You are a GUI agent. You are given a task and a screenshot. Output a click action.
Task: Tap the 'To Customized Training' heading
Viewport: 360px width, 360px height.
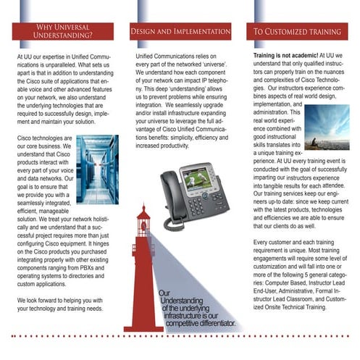(x=297, y=33)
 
